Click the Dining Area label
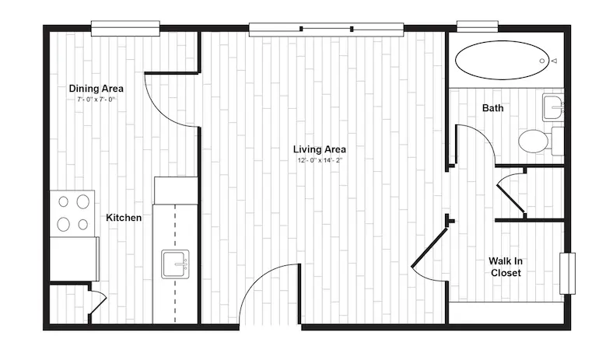(x=96, y=89)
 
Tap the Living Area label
(x=320, y=149)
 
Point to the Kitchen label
(x=124, y=218)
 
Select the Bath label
(x=492, y=108)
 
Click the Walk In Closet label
(x=506, y=267)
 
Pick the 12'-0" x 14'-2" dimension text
(x=320, y=160)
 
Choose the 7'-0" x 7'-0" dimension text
(x=96, y=100)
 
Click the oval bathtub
(x=502, y=60)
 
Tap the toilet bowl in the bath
(x=533, y=141)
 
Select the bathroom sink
(x=553, y=107)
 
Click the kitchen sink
(x=175, y=264)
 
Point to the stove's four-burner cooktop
(x=72, y=213)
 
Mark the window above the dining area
(x=125, y=29)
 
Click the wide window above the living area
(x=326, y=30)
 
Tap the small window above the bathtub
(x=478, y=26)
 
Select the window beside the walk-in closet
(x=567, y=273)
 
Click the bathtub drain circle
(x=542, y=61)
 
